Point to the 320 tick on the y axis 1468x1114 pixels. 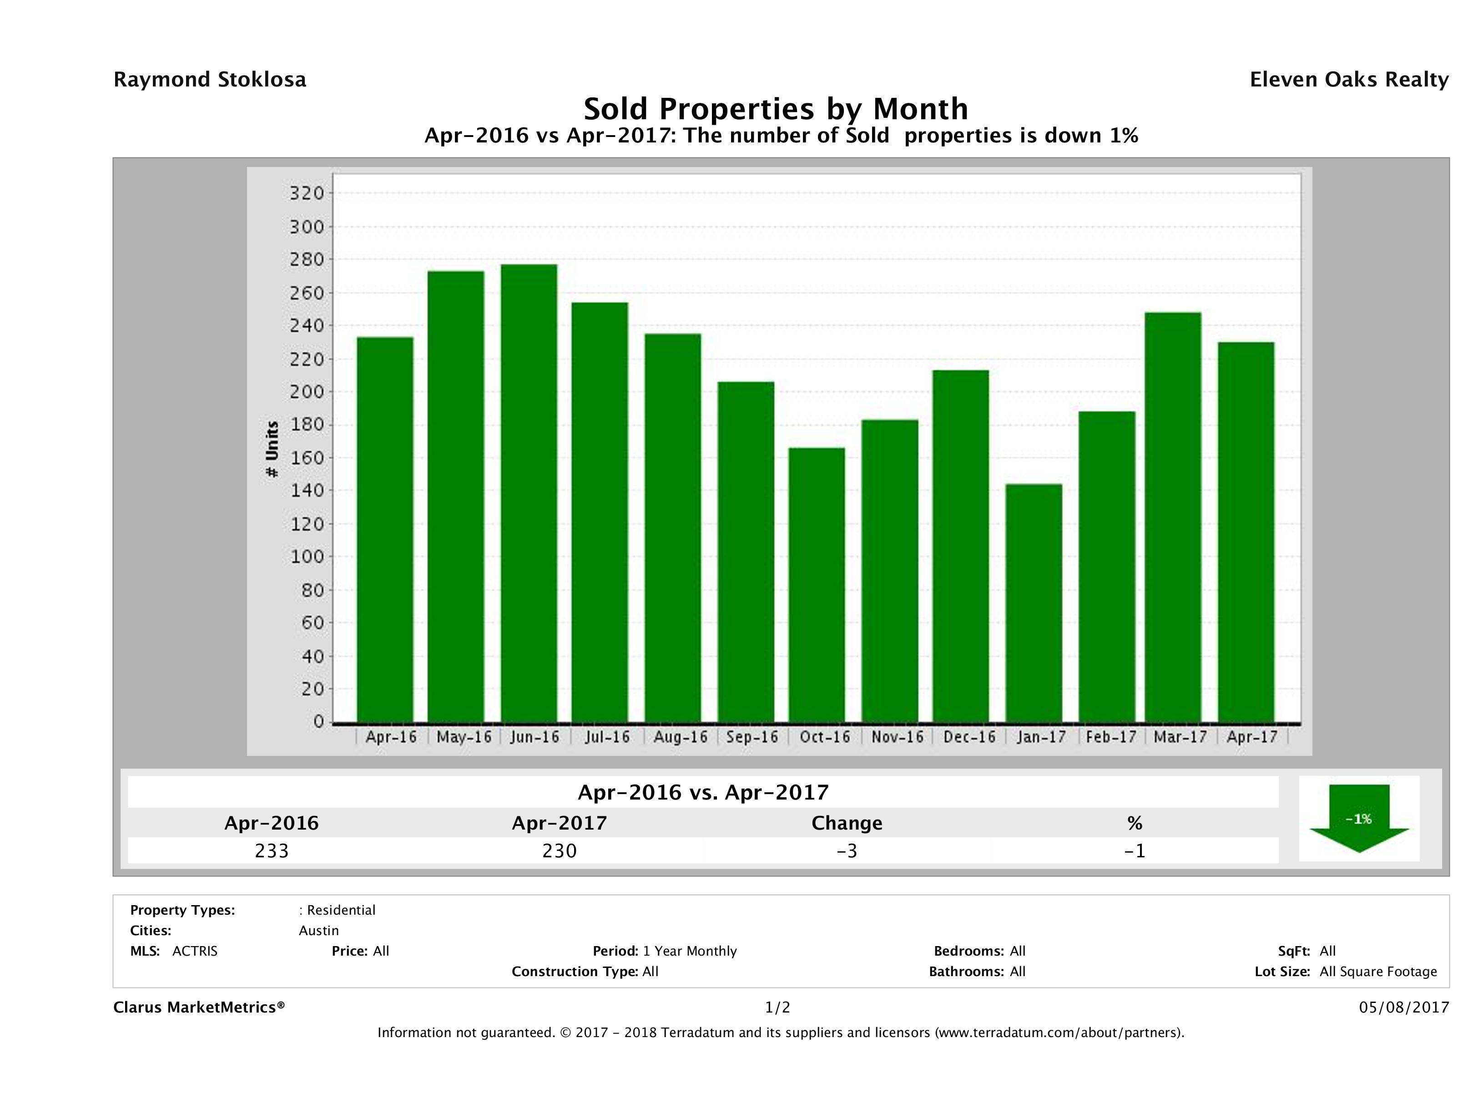tap(307, 194)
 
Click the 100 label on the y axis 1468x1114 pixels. tap(307, 557)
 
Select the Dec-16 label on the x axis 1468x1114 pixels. tap(969, 737)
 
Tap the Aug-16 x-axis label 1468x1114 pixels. tap(680, 737)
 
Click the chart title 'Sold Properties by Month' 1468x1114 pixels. tap(775, 109)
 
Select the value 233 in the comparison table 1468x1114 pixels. tap(272, 851)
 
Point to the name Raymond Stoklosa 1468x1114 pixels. tap(210, 80)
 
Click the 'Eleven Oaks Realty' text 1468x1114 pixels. tap(1348, 80)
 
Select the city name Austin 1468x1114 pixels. tap(318, 931)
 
